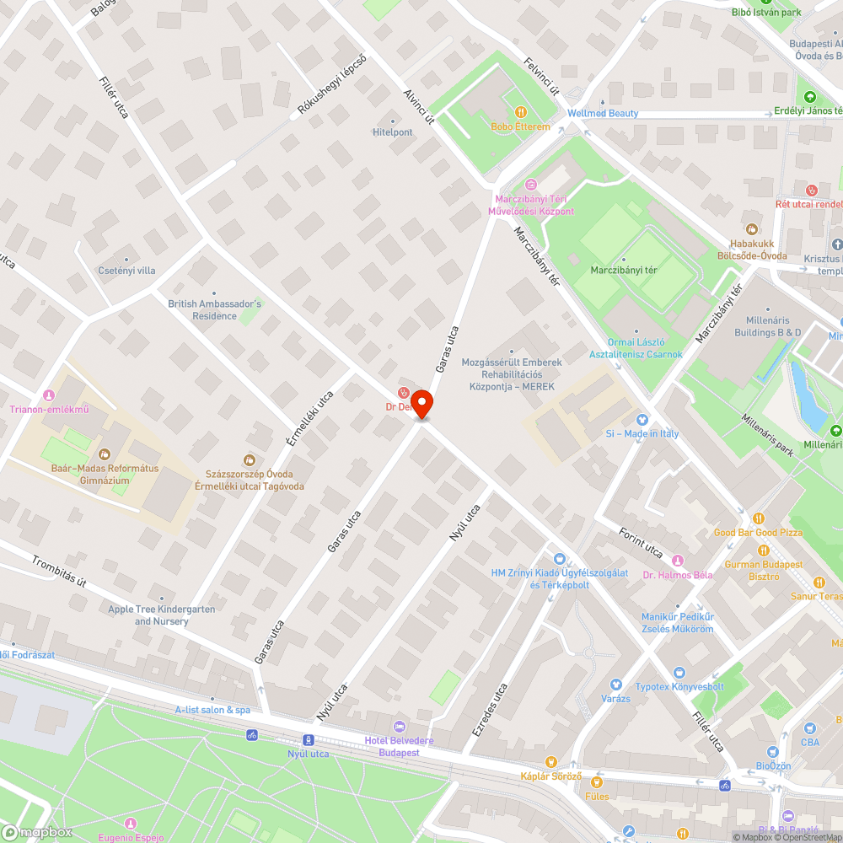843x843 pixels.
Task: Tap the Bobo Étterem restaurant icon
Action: (x=521, y=112)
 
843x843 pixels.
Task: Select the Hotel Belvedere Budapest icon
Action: (x=400, y=727)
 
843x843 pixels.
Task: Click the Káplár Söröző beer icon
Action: (x=552, y=761)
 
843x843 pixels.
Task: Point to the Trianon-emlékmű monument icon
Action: (x=49, y=395)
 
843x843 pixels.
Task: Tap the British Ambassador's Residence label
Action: (x=215, y=309)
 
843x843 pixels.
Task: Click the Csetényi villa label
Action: (x=126, y=271)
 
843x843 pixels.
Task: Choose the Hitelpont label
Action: (x=393, y=132)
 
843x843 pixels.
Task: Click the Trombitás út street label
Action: (x=59, y=571)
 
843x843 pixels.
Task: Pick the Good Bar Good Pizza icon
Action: (x=758, y=518)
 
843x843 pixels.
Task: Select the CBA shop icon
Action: (x=809, y=728)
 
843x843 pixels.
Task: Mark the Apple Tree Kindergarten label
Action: (x=161, y=615)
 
